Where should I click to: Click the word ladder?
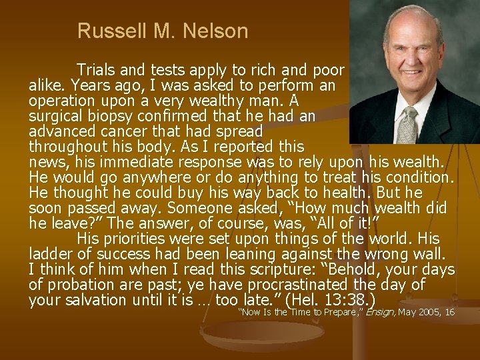point(49,255)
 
